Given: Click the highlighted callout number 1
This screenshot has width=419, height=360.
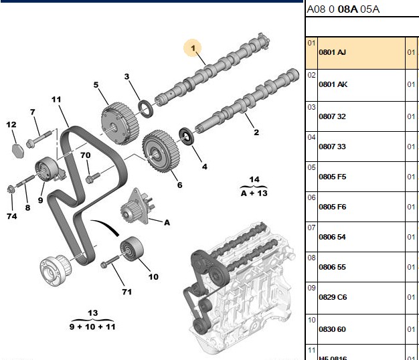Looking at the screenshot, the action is (193, 48).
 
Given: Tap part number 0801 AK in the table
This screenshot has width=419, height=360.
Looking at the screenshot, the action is (333, 84).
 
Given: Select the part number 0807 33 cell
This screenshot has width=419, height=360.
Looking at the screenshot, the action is (332, 147).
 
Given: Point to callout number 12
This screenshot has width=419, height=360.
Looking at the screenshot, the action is (11, 124).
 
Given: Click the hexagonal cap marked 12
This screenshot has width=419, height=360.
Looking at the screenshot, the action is (18, 151).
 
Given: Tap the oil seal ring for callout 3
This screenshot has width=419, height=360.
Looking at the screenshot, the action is (146, 108).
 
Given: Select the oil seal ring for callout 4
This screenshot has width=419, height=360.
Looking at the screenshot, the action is (186, 137).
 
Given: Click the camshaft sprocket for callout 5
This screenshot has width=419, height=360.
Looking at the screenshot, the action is (120, 123).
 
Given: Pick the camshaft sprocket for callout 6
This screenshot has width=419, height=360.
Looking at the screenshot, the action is (161, 151).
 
